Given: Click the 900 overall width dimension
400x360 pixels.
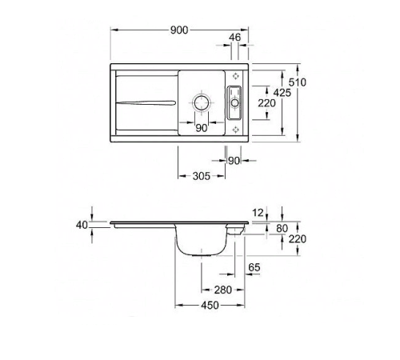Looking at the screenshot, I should click(x=178, y=30).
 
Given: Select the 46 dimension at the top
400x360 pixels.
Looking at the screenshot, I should click(x=234, y=38).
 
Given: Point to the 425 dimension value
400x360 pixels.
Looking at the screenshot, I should click(x=281, y=93).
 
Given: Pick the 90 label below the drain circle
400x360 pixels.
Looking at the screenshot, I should click(x=201, y=127).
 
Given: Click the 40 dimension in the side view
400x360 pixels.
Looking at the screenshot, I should click(x=81, y=225).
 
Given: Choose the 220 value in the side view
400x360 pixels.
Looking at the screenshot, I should click(x=297, y=239).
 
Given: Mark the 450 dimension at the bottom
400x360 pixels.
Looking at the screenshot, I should click(x=209, y=306).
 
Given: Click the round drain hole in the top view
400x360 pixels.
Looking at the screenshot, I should click(x=201, y=103).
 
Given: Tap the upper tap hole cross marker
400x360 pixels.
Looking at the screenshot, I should click(x=235, y=78).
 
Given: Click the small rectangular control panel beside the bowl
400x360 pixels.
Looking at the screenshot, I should click(x=235, y=102).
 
